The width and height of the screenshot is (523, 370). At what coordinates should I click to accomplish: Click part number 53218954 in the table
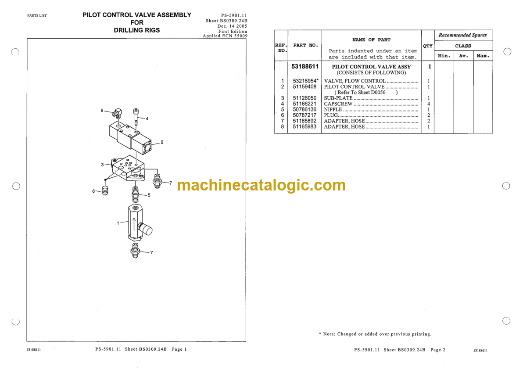click(304, 81)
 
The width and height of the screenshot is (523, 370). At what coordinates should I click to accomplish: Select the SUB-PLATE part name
click(338, 98)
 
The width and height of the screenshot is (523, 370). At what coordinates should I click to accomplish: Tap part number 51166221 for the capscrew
click(304, 104)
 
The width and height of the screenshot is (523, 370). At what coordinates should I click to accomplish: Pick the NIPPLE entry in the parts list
click(333, 109)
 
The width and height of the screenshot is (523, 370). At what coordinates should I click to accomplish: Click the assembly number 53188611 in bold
click(305, 66)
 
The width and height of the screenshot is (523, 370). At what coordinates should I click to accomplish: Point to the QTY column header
click(428, 46)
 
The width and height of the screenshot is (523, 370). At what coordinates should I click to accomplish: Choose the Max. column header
click(483, 56)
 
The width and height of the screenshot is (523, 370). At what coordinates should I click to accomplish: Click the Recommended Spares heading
click(462, 35)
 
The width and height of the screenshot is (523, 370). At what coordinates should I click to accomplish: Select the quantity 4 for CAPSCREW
click(429, 104)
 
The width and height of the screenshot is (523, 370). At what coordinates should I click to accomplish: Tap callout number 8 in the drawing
click(102, 111)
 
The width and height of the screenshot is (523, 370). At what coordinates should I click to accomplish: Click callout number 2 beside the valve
click(162, 142)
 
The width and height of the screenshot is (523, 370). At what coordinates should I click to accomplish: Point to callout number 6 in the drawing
click(93, 191)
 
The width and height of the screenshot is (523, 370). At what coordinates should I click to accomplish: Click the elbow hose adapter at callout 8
click(117, 113)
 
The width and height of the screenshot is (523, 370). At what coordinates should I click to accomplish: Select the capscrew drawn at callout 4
click(136, 116)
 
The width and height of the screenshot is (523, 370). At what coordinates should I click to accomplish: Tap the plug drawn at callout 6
click(105, 190)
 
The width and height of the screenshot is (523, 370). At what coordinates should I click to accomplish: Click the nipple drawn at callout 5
click(135, 194)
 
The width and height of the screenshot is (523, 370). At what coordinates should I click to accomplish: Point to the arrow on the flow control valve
click(134, 226)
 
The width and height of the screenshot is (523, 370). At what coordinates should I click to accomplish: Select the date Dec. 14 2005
click(232, 26)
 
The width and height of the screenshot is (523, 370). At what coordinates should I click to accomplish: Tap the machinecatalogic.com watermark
click(261, 186)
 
